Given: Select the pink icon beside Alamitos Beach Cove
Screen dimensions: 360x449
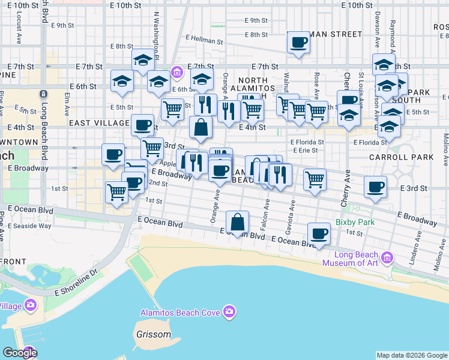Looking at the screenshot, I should [x=229, y=311].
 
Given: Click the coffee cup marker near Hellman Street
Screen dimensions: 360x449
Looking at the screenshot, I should [x=298, y=43].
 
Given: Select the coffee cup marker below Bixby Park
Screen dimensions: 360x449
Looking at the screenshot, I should [x=319, y=233].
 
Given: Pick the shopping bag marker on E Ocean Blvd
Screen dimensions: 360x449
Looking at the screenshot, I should [x=238, y=221].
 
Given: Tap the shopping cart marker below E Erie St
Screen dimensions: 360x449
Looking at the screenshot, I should [x=315, y=178].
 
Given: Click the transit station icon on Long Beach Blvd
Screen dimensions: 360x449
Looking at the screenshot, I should [x=43, y=95].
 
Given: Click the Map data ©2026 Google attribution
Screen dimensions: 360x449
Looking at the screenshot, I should [x=412, y=355].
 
